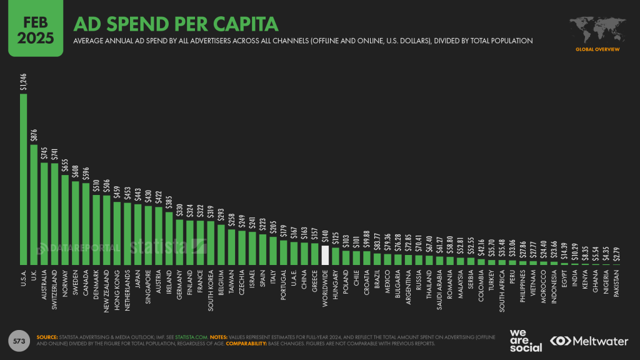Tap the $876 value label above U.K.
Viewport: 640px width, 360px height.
(x=34, y=134)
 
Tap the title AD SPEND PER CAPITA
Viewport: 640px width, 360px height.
(x=176, y=24)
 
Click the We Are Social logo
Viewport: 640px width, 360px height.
(x=525, y=340)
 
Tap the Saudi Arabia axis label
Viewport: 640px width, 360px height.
(x=439, y=291)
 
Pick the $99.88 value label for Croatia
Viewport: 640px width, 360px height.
(x=366, y=238)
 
